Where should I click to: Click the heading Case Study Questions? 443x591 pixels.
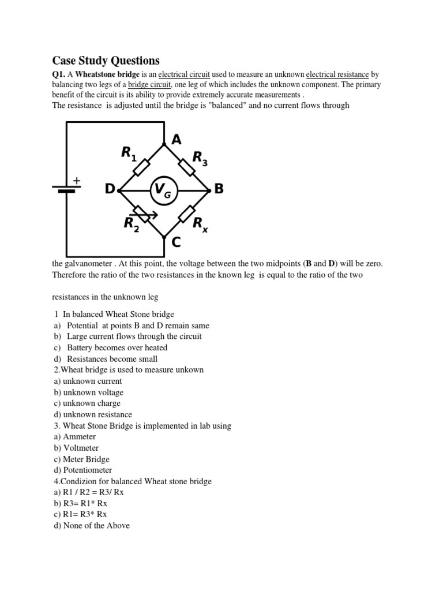pos(106,61)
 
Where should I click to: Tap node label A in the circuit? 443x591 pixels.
pos(177,139)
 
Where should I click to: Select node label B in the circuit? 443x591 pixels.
pos(218,189)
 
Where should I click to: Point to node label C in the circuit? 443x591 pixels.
pos(176,242)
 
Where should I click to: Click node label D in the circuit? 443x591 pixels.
pos(110,190)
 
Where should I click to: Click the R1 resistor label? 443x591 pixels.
pos(128,154)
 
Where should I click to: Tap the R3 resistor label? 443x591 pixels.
pos(200,158)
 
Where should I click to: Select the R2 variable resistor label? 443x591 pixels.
pos(132,224)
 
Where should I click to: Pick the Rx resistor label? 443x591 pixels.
pos(200,224)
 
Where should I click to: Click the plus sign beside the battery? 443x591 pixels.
pos(76,181)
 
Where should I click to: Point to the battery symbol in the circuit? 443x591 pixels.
pos(66,189)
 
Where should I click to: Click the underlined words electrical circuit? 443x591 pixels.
pos(184,74)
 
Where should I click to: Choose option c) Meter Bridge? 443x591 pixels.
pos(81,459)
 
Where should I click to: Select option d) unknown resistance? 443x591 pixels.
pos(92,414)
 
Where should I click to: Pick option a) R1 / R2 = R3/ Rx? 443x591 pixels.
pos(88,492)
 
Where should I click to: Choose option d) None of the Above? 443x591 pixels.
pos(91,525)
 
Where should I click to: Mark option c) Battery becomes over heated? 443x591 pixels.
pos(110,347)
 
